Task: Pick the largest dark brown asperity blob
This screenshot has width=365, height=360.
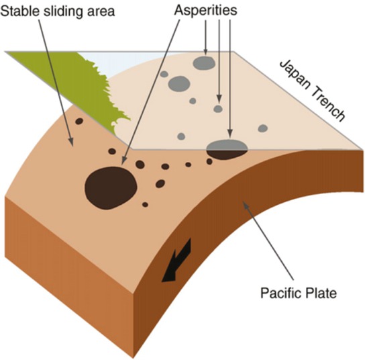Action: click(x=111, y=185)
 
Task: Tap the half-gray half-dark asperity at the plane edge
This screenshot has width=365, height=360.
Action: click(x=227, y=149)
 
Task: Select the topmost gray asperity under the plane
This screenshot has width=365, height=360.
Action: click(x=203, y=63)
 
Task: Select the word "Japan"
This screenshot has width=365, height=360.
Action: click(x=293, y=69)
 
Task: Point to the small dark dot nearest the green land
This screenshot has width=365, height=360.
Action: click(x=79, y=122)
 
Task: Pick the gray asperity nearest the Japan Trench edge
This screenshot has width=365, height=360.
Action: click(x=263, y=128)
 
